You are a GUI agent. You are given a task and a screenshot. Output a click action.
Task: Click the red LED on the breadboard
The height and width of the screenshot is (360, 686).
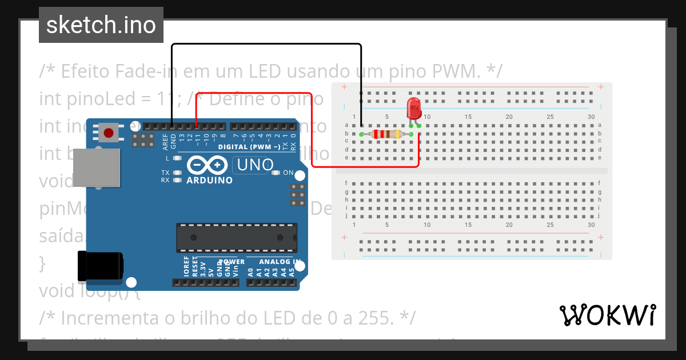pyautogui.click(x=413, y=109)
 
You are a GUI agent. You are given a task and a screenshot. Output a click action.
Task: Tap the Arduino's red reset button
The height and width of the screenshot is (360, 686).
pyautogui.click(x=108, y=133)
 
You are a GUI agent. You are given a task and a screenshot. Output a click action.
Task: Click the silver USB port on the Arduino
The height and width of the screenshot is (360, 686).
pyautogui.click(x=97, y=167)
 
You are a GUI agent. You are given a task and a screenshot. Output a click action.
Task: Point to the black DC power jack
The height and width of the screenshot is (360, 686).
pyautogui.click(x=101, y=266)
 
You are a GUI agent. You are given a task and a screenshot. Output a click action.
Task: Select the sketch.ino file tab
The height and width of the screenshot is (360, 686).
pyautogui.click(x=101, y=25)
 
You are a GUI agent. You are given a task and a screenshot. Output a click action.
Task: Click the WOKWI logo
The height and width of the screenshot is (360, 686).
pyautogui.click(x=607, y=315)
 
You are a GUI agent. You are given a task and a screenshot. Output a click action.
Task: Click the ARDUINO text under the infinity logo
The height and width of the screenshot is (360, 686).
pyautogui.click(x=210, y=181)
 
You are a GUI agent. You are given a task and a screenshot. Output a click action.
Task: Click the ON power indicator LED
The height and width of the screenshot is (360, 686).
pyautogui.click(x=276, y=173)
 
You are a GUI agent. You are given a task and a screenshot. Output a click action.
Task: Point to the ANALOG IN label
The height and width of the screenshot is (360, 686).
pyautogui.click(x=280, y=262)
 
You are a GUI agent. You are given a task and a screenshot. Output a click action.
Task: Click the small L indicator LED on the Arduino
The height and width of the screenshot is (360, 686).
pyautogui.click(x=177, y=158)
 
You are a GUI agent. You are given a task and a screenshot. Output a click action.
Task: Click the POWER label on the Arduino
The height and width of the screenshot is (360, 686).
pyautogui.click(x=231, y=262)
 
